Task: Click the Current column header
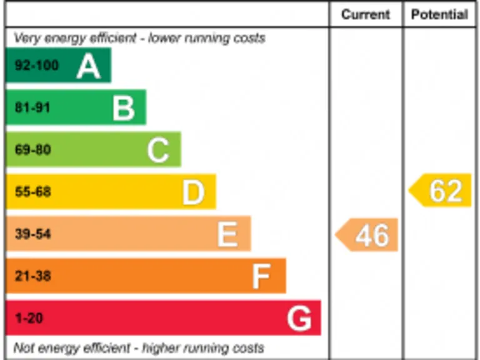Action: (366, 15)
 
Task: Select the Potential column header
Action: (439, 15)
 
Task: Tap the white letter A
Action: (89, 66)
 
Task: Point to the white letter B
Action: (124, 108)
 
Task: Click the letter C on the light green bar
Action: (158, 150)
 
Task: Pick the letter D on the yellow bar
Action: (193, 192)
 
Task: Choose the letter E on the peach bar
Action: (227, 235)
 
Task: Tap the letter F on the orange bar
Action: (262, 276)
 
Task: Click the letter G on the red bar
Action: (299, 319)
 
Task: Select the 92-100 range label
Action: (36, 66)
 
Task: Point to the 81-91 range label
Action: (32, 107)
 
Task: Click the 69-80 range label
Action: (32, 150)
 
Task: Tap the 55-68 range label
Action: (32, 192)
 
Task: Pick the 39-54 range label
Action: (32, 234)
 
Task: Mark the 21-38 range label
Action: (32, 276)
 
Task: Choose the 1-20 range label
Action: (28, 318)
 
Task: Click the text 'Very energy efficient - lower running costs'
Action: (139, 38)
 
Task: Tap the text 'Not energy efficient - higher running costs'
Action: (139, 347)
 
